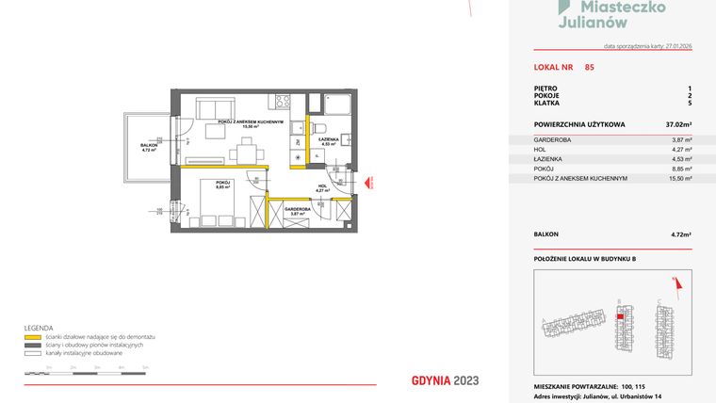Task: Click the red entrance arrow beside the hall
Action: click(x=370, y=183)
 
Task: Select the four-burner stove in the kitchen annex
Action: click(x=280, y=101)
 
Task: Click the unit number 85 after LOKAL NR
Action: click(x=589, y=67)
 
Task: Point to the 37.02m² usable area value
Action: click(x=678, y=123)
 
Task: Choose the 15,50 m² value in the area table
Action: click(x=680, y=178)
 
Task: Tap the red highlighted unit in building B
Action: click(x=618, y=316)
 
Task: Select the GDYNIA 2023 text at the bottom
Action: click(x=446, y=380)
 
